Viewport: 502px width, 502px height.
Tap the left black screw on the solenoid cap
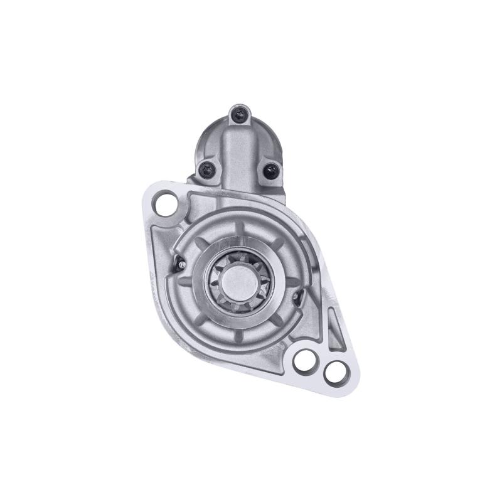pos(207,168)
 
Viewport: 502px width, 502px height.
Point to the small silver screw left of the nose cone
pos(181,264)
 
